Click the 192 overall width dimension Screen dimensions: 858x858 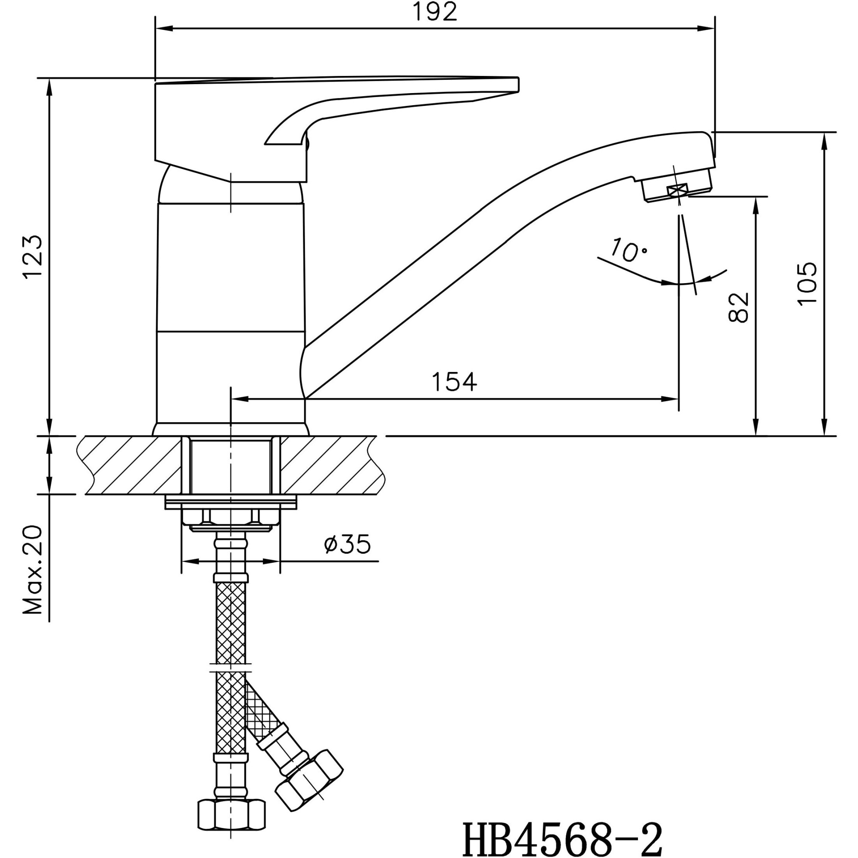[435, 12]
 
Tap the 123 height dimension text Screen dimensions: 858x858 [33, 256]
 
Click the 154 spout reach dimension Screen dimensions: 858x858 [454, 381]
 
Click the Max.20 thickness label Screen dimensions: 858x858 [33, 570]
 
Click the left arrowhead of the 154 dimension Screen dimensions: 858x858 [238, 399]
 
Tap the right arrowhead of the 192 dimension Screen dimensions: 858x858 [708, 29]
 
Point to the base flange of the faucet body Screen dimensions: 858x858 [230, 429]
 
